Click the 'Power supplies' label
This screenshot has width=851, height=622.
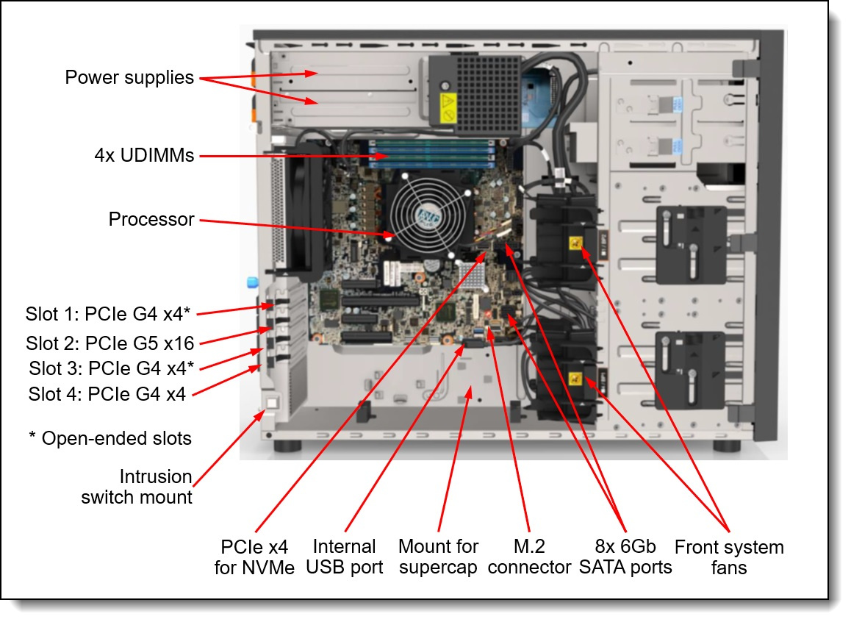[x=129, y=77]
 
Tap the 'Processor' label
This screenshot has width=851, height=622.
[x=151, y=219]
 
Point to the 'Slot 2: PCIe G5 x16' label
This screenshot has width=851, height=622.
[x=115, y=343]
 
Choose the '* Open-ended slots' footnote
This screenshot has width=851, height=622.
[x=109, y=438]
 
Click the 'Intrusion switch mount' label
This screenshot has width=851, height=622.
[x=137, y=487]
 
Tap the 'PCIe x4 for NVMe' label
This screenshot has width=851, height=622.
[x=254, y=557]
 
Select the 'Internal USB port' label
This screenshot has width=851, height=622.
[x=344, y=557]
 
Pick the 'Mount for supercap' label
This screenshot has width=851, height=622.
[x=438, y=557]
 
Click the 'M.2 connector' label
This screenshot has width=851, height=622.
[x=529, y=557]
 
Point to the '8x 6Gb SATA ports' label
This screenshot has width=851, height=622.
[x=625, y=557]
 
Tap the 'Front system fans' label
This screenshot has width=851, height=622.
[x=729, y=557]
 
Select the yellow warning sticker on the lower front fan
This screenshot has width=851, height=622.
[x=575, y=379]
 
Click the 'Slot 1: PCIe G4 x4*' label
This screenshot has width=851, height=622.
[x=109, y=314]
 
